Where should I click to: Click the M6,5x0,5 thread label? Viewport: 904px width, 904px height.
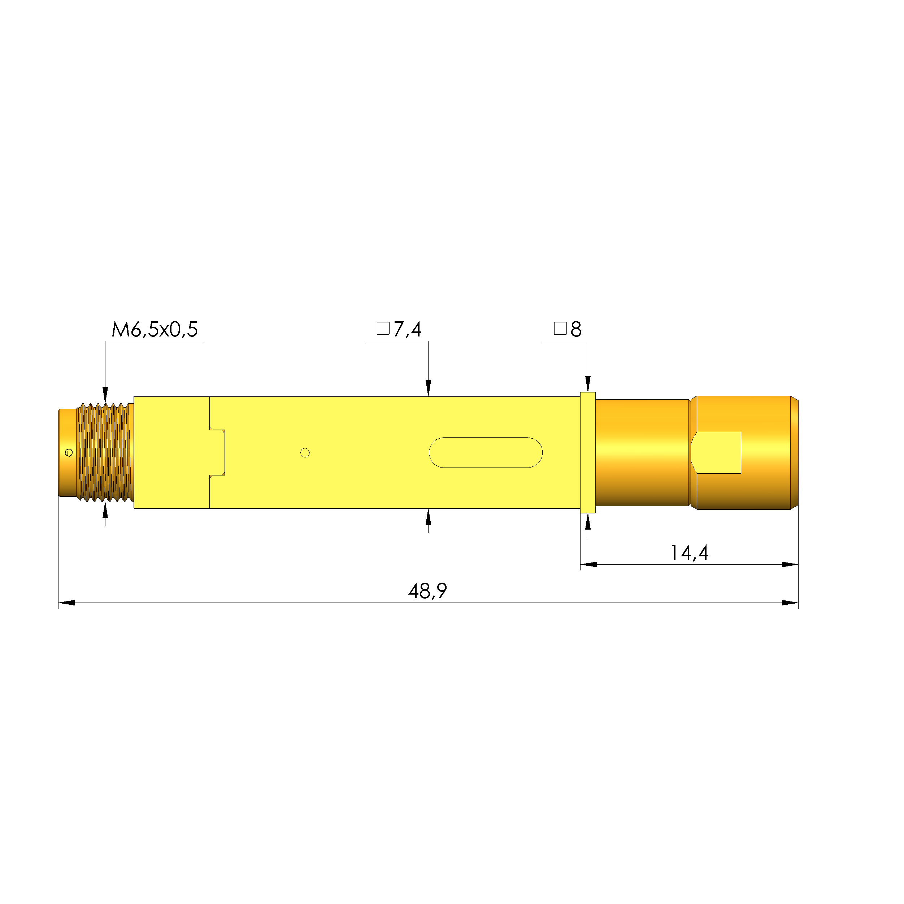pyautogui.click(x=155, y=330)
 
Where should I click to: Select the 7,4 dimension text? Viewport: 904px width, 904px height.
pyautogui.click(x=407, y=330)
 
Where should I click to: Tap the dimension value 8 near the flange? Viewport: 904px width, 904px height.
pyautogui.click(x=576, y=330)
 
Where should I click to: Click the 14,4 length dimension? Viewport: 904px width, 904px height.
pyautogui.click(x=689, y=553)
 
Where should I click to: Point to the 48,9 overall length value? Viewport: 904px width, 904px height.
pyautogui.click(x=427, y=591)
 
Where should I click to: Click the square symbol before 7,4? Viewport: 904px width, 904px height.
pyautogui.click(x=383, y=329)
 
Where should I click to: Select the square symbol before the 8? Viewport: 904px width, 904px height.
pyautogui.click(x=560, y=329)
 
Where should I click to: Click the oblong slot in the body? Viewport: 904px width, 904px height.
pyautogui.click(x=485, y=452)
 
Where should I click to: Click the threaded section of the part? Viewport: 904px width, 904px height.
pyautogui.click(x=104, y=452)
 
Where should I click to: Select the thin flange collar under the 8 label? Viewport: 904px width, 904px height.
pyautogui.click(x=588, y=452)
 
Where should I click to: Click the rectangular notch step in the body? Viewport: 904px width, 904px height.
pyautogui.click(x=217, y=452)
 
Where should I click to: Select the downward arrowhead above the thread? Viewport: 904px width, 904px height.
pyautogui.click(x=105, y=395)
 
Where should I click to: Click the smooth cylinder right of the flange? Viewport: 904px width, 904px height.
pyautogui.click(x=642, y=452)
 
